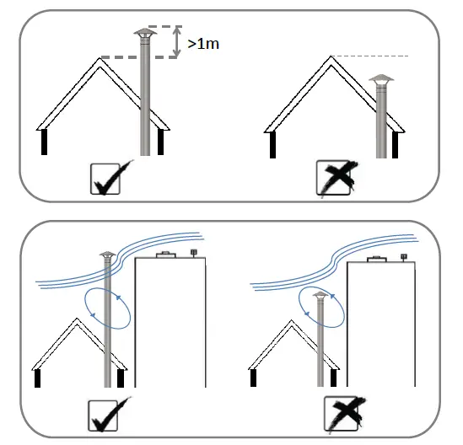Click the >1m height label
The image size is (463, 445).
pyautogui.click(x=204, y=42)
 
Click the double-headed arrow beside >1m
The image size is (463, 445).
pyautogui.click(x=175, y=42)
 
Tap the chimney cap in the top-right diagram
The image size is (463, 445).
pyautogui.click(x=382, y=80)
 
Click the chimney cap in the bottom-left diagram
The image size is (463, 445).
pyautogui.click(x=106, y=255)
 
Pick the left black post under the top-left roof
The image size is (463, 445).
pyautogui.click(x=44, y=142)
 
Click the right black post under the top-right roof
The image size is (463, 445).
pyautogui.click(x=393, y=144)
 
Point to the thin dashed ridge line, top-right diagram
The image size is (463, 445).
pyautogui.click(x=371, y=56)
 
